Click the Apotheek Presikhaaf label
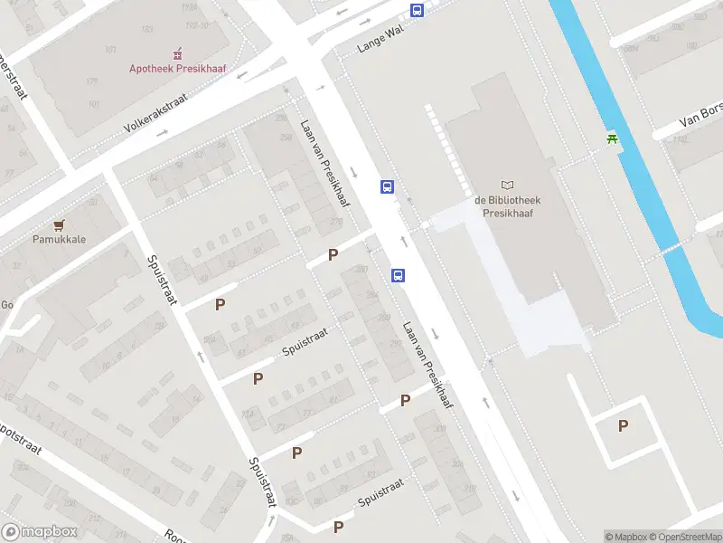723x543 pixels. click(x=177, y=68)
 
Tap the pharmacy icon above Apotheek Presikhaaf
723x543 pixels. click(x=177, y=52)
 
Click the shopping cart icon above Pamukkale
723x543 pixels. click(x=59, y=225)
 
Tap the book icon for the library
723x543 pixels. click(x=506, y=186)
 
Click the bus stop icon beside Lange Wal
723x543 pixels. click(x=417, y=10)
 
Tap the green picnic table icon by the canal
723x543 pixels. click(x=614, y=138)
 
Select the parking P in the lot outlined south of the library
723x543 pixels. click(x=622, y=425)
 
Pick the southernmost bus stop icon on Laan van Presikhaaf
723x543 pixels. click(x=398, y=275)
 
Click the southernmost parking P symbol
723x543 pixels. click(x=338, y=527)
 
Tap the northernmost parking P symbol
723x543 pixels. click(x=333, y=254)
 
